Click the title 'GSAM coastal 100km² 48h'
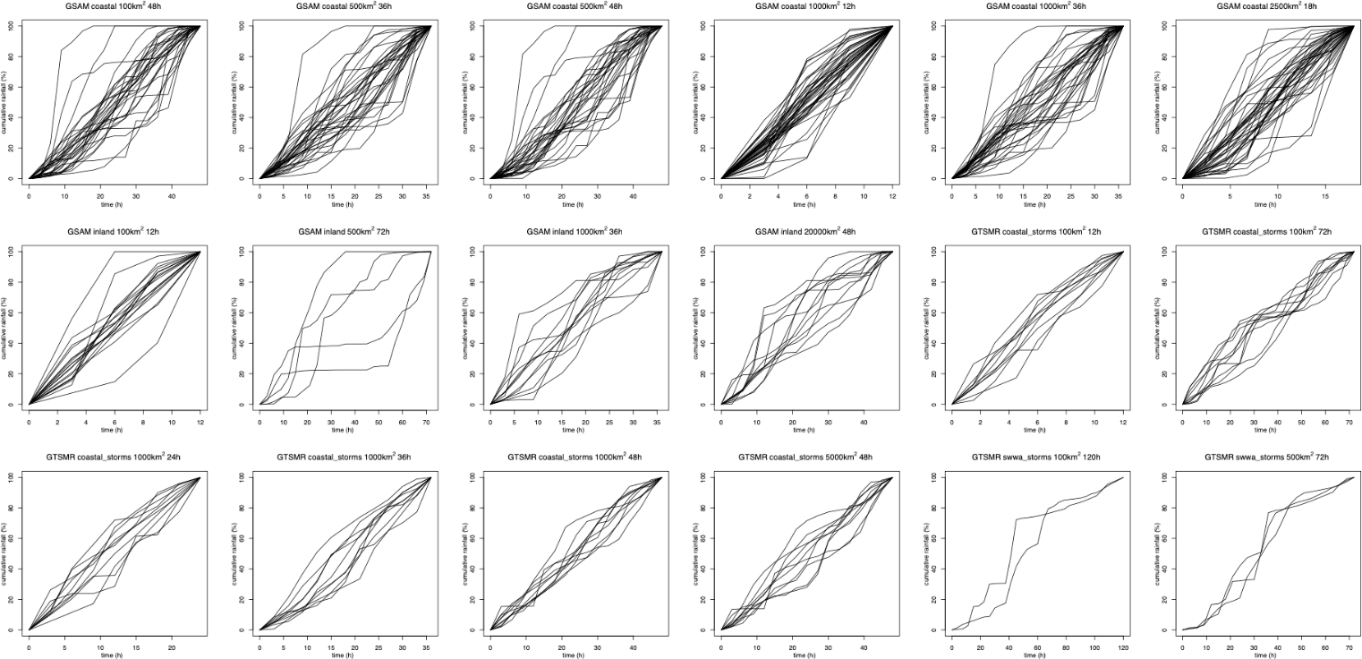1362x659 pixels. coord(114,6)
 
